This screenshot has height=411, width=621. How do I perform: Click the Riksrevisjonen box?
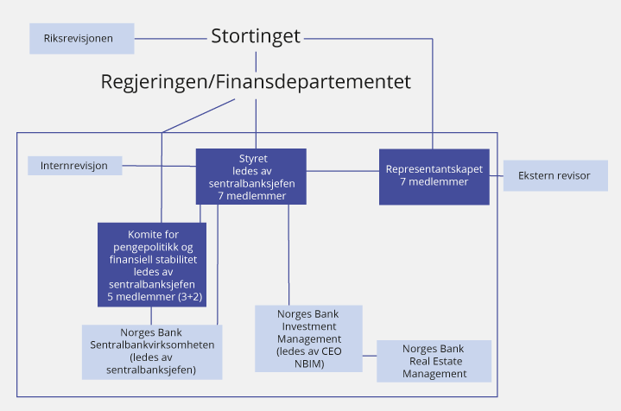[x=82, y=39]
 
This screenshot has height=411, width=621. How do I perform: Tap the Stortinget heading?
[x=256, y=37]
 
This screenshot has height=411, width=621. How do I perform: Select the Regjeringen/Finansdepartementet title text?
[x=256, y=82]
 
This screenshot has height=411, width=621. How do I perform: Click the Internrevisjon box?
[x=74, y=165]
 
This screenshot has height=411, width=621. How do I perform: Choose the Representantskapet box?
[x=434, y=177]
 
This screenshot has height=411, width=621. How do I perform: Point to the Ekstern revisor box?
[x=554, y=175]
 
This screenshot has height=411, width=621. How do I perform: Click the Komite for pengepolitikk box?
[x=152, y=264]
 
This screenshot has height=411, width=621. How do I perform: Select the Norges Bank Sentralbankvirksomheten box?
[x=151, y=351]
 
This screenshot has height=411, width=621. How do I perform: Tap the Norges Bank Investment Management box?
[x=308, y=338]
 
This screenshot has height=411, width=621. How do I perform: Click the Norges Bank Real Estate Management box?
[x=434, y=361]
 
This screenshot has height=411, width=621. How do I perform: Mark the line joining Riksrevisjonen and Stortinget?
[x=171, y=38]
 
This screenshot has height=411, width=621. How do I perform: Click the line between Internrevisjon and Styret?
[x=158, y=165]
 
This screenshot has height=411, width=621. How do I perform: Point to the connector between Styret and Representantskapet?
[x=343, y=171]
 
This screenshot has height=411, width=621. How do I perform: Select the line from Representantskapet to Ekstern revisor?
[x=496, y=175]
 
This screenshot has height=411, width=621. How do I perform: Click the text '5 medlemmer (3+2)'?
[x=152, y=296]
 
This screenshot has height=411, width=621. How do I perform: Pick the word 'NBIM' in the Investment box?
[x=308, y=364]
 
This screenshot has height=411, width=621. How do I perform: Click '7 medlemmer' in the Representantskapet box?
[x=434, y=183]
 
